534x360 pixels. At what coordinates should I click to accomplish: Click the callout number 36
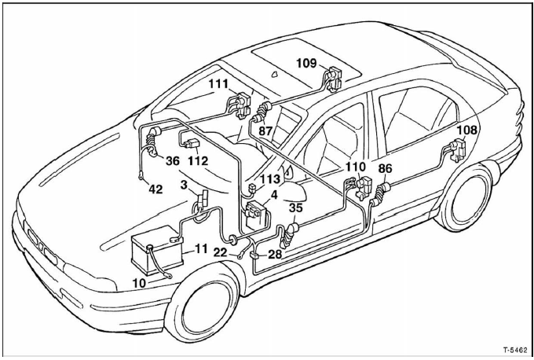(x=173, y=160)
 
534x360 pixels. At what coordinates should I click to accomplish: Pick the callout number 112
(x=198, y=160)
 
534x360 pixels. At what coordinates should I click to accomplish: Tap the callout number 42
(x=158, y=189)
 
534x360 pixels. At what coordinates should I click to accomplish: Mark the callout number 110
(x=355, y=167)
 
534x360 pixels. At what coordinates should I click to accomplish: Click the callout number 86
(x=385, y=168)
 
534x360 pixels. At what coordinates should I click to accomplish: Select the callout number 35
(x=295, y=208)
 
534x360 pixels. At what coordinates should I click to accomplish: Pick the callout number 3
(x=183, y=185)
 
